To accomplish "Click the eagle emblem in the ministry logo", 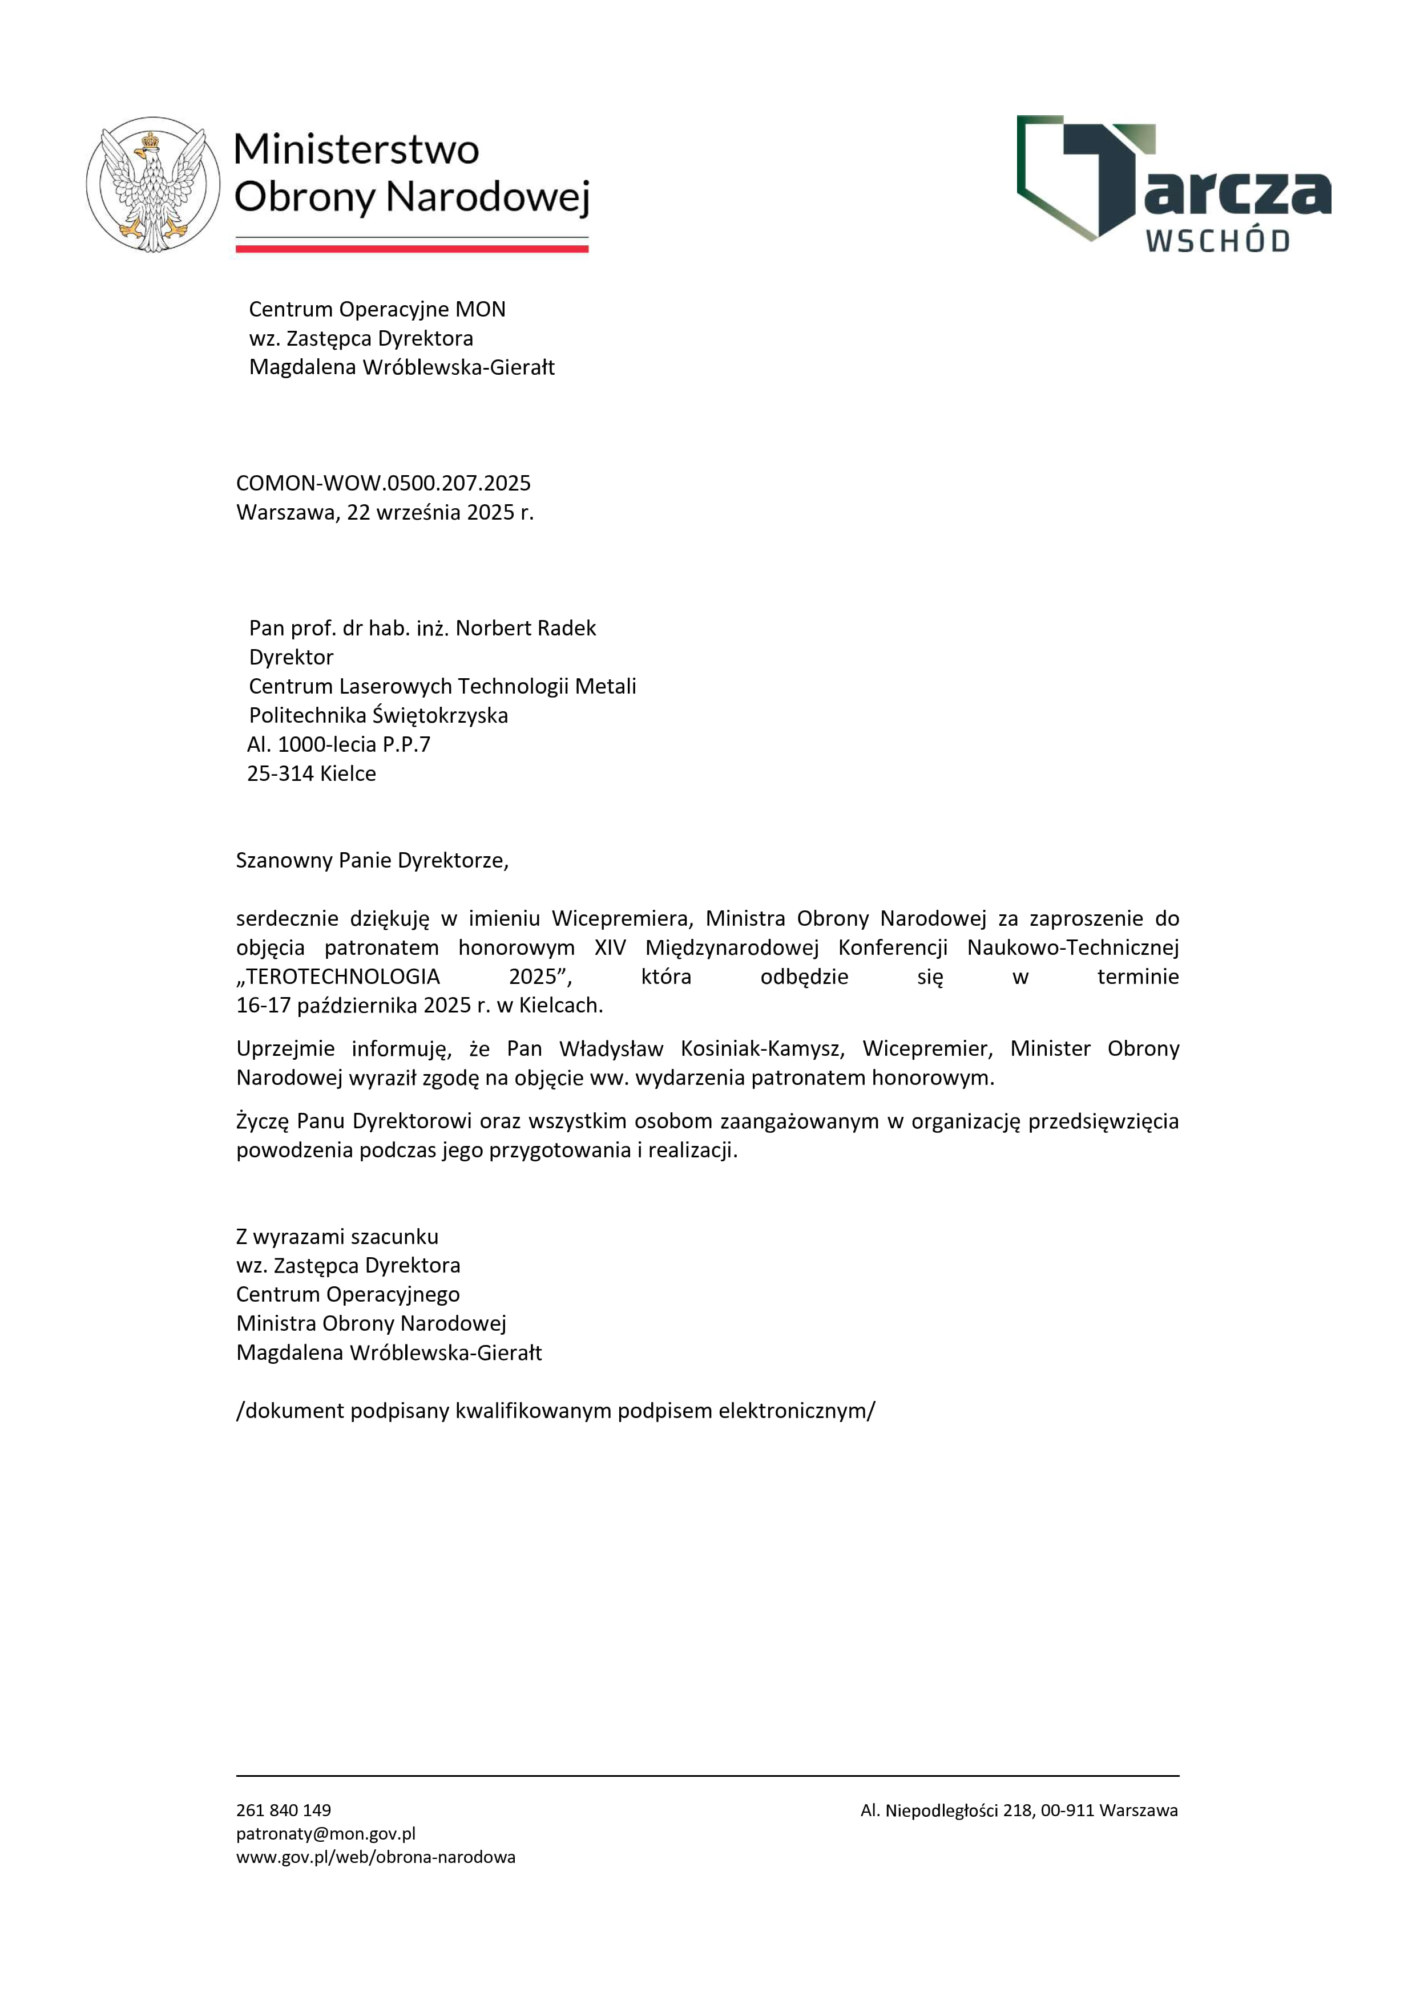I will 154,185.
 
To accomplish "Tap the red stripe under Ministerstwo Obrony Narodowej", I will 412,248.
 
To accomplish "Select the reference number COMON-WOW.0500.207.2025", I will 383,483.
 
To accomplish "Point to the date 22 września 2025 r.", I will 439,512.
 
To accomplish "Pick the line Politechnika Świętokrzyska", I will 378,715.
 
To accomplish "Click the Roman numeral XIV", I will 610,947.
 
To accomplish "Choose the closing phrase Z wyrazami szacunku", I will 337,1237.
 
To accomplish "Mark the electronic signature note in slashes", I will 555,1411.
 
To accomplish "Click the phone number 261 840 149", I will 284,1810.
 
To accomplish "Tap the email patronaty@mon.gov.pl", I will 325,1834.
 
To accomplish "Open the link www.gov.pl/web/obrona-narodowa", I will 375,1857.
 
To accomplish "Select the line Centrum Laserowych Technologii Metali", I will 442,687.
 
